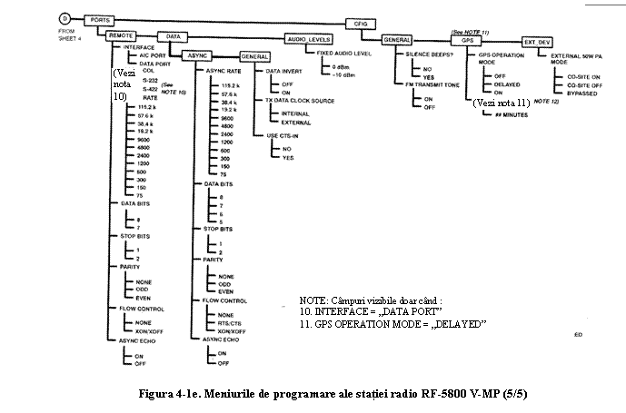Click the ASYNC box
(x=197, y=55)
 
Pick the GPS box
(x=467, y=41)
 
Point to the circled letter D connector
(x=65, y=17)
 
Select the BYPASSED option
(x=581, y=93)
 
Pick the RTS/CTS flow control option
(x=231, y=322)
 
